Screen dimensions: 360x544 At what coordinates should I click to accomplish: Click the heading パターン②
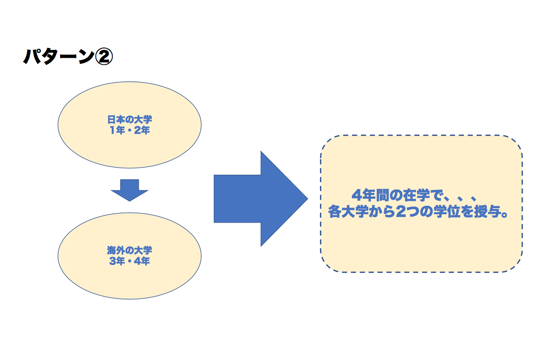point(68,57)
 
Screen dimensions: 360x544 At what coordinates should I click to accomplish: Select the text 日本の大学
point(129,121)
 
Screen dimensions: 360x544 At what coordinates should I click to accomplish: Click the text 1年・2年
point(129,130)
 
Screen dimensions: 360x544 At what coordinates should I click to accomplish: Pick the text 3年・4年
point(129,261)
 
